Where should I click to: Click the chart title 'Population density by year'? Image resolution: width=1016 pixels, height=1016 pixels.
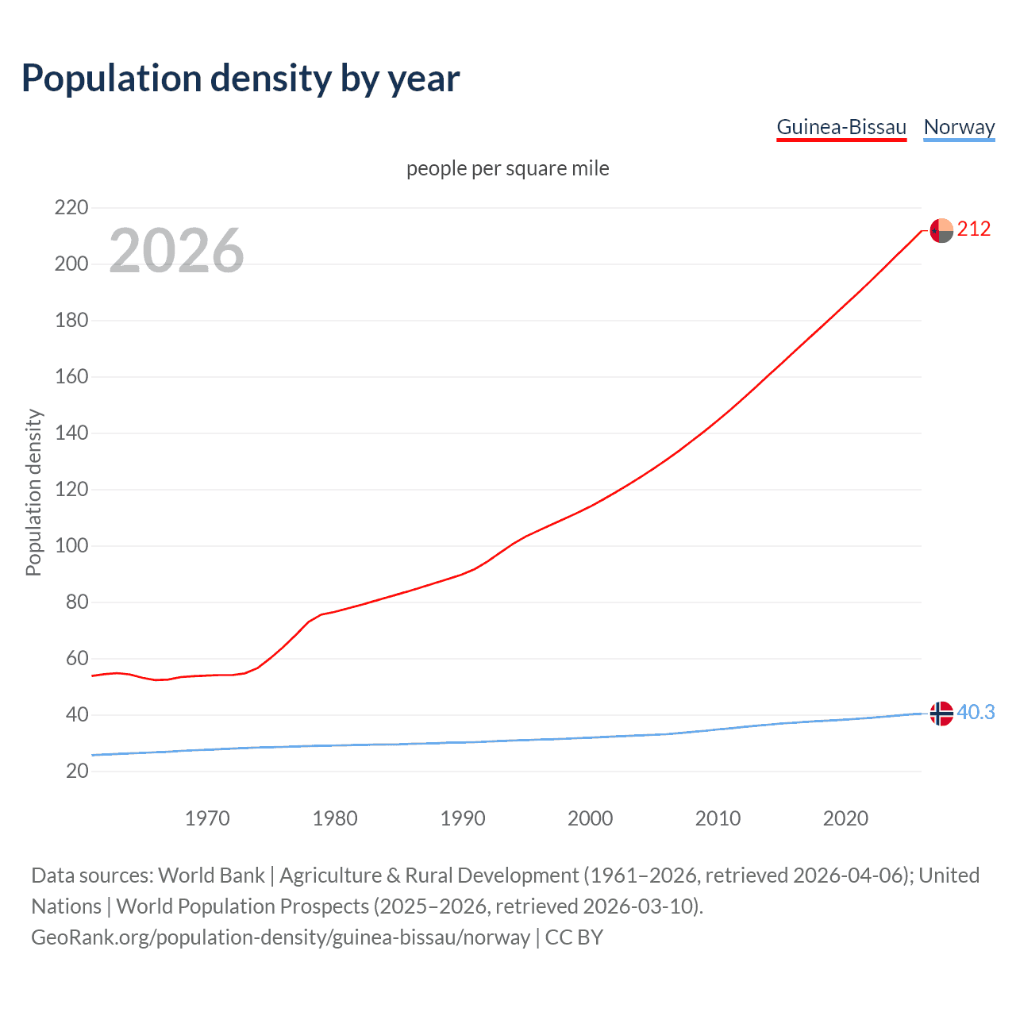pyautogui.click(x=241, y=78)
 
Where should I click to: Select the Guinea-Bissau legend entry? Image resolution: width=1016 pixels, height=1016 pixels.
pyautogui.click(x=841, y=127)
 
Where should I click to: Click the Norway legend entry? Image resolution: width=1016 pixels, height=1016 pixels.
pyautogui.click(x=959, y=127)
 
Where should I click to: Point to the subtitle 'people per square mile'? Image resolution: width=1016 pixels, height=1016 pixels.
pyautogui.click(x=507, y=169)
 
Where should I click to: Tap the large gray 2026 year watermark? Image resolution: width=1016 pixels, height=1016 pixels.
pyautogui.click(x=176, y=251)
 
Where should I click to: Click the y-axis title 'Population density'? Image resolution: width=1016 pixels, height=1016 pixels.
pyautogui.click(x=33, y=492)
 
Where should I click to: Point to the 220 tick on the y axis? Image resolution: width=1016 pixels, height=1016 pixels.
pyautogui.click(x=71, y=208)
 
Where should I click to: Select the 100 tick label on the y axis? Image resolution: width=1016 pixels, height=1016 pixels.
pyautogui.click(x=71, y=546)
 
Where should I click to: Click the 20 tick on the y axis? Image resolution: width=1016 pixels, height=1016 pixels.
pyautogui.click(x=77, y=771)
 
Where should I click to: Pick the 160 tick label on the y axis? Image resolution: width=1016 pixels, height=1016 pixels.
pyautogui.click(x=71, y=377)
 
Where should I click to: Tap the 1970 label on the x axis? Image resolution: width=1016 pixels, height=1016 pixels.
pyautogui.click(x=207, y=818)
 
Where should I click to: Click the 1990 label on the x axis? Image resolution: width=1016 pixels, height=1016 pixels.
pyautogui.click(x=463, y=818)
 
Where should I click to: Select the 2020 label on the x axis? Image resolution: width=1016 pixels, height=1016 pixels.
pyautogui.click(x=845, y=818)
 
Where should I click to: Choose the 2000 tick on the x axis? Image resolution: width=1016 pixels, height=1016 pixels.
pyautogui.click(x=590, y=818)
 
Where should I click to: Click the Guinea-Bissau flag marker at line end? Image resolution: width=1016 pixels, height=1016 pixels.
pyautogui.click(x=941, y=230)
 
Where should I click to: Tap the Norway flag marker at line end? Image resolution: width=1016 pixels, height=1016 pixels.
pyautogui.click(x=941, y=714)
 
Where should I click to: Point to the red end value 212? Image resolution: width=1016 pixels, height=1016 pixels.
pyautogui.click(x=974, y=229)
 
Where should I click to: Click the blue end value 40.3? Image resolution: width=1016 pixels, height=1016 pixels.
pyautogui.click(x=976, y=713)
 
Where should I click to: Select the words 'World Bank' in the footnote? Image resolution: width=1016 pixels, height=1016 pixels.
pyautogui.click(x=211, y=876)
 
